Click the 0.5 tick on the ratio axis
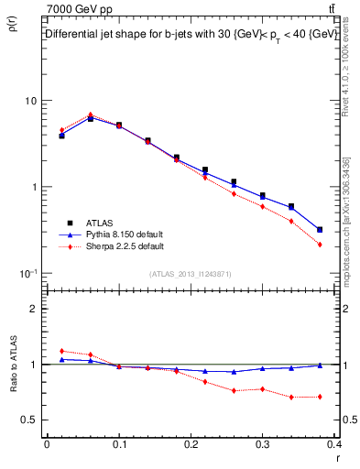pos(29,420)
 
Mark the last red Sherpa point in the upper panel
pos(319,245)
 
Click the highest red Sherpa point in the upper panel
pos(90,115)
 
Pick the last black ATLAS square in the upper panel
pos(319,230)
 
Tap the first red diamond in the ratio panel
pos(61,351)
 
